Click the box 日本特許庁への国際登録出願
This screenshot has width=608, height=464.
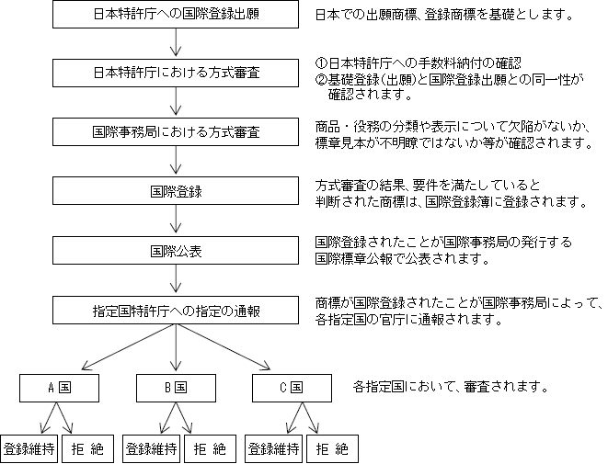(176, 15)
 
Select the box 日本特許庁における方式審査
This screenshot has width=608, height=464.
(176, 73)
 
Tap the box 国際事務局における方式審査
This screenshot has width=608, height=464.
(176, 132)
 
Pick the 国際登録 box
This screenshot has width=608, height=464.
(176, 191)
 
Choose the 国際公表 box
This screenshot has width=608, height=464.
(176, 251)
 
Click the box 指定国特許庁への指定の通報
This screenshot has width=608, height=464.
(176, 311)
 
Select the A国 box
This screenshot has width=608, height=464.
(59, 388)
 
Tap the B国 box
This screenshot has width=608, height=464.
(176, 388)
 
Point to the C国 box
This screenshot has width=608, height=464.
(292, 388)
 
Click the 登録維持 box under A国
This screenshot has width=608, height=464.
(29, 449)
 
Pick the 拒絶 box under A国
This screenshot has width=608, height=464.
(87, 449)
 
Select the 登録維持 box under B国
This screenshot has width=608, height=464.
(151, 449)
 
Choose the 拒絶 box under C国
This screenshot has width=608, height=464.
(332, 449)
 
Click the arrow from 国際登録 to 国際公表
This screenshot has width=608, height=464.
(176, 219)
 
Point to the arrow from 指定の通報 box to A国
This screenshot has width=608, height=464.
(129, 347)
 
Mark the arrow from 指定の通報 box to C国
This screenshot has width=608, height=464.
(224, 346)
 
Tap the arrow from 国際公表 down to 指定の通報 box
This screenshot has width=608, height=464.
(176, 278)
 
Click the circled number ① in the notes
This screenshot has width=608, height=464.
(321, 63)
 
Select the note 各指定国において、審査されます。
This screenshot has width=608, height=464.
(450, 387)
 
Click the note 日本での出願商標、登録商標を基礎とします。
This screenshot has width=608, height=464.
(444, 15)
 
